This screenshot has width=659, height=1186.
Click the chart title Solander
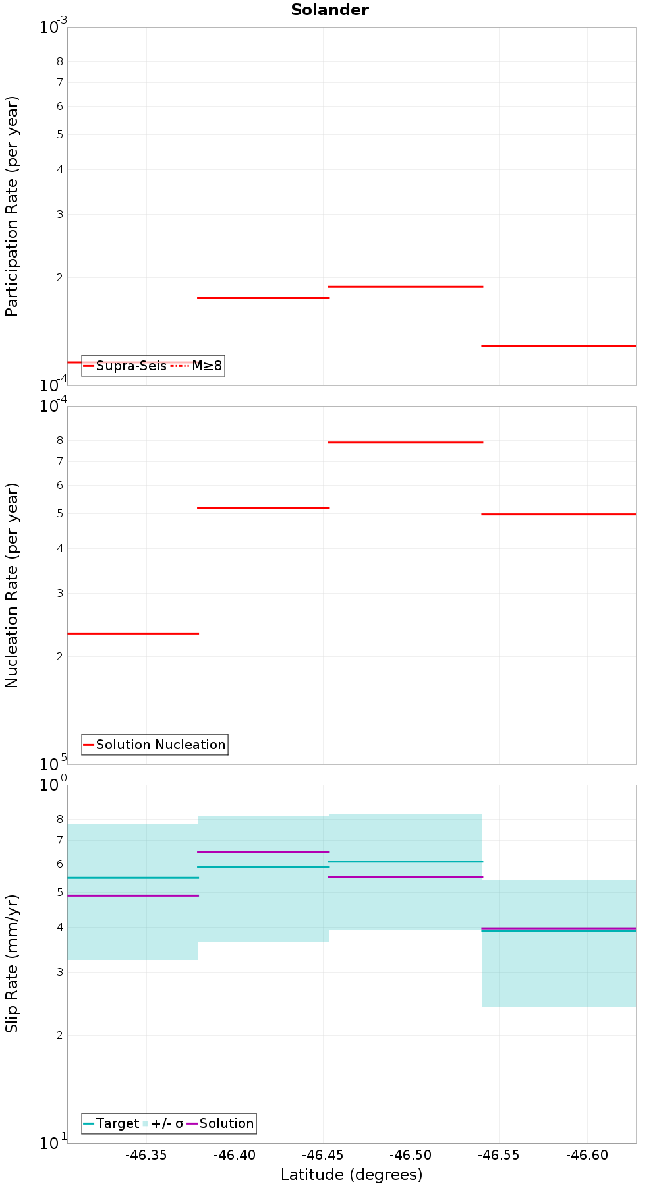(x=329, y=10)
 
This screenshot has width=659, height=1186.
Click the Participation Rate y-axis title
(x=12, y=206)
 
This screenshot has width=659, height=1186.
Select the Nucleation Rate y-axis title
(x=12, y=585)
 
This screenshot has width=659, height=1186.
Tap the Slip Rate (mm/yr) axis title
(x=12, y=963)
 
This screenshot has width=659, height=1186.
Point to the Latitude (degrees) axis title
(x=351, y=1174)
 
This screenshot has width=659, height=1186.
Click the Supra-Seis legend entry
(x=125, y=366)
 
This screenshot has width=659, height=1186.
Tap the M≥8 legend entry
(x=198, y=366)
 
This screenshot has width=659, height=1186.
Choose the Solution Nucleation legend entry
(x=155, y=745)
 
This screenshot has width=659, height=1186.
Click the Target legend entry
(x=111, y=1123)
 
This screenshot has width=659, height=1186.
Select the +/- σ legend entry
(x=163, y=1123)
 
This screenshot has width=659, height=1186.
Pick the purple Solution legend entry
(x=221, y=1123)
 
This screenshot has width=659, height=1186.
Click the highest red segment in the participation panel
(x=405, y=287)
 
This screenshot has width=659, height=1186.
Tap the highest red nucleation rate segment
(x=405, y=442)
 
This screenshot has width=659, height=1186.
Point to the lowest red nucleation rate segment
(x=133, y=633)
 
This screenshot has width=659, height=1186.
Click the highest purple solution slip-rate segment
(x=264, y=851)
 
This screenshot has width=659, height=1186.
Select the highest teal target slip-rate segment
(x=405, y=861)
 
